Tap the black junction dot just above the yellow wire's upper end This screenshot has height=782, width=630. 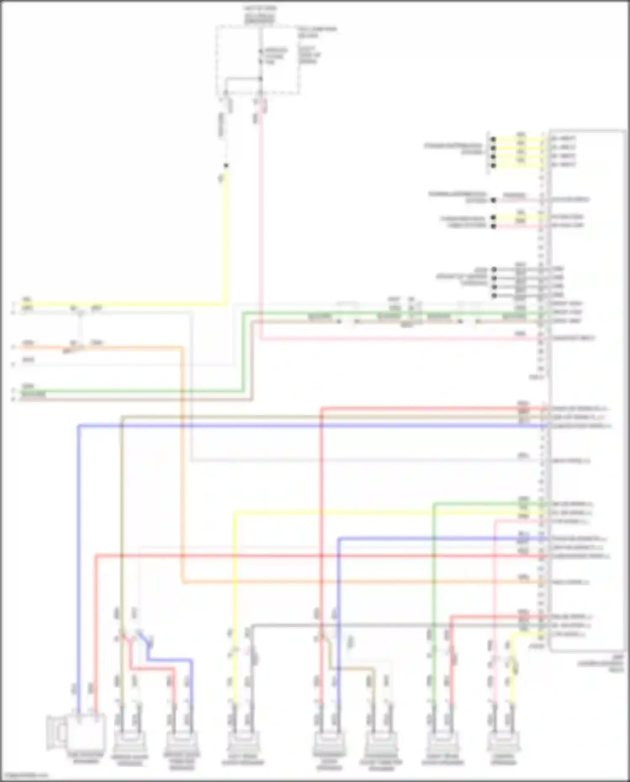click(226, 166)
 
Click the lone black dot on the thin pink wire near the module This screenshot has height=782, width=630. click(493, 200)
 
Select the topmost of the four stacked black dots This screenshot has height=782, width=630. click(493, 139)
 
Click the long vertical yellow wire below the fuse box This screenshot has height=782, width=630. click(227, 235)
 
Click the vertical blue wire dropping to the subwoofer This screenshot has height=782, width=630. click(78, 546)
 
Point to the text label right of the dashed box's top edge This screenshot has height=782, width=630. click(317, 32)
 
